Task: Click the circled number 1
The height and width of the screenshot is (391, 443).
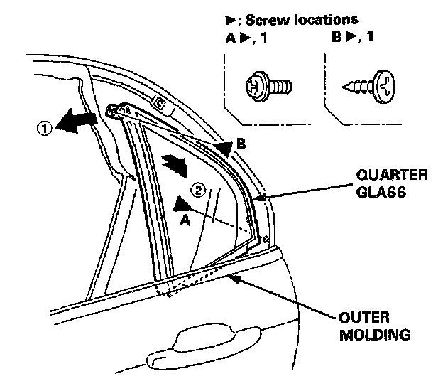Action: tap(44, 129)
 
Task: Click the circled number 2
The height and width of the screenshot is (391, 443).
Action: tap(199, 189)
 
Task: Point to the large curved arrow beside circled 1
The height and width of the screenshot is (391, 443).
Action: tap(76, 122)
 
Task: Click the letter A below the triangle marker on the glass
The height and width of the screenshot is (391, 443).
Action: tap(185, 220)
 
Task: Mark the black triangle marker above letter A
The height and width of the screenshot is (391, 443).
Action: tap(179, 204)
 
